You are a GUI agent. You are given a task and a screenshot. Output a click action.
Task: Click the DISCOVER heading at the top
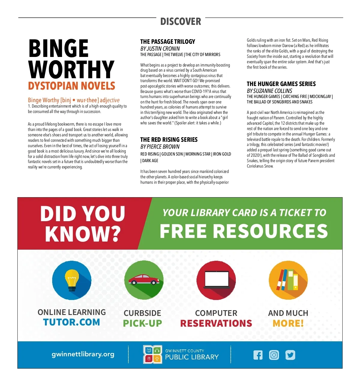click(x=181, y=22)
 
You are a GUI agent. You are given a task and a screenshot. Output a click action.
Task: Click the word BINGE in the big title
click(x=58, y=49)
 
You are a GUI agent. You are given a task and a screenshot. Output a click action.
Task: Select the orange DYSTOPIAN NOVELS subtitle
click(x=71, y=86)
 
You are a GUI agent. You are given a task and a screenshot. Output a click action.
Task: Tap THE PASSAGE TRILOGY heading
click(x=168, y=42)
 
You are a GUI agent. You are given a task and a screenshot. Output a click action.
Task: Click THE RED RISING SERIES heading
click(x=169, y=140)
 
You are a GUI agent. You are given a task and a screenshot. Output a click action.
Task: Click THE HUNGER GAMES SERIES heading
click(x=281, y=84)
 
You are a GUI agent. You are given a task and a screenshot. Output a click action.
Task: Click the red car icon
click(x=144, y=280)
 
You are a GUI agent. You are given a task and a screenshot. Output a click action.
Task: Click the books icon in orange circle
click(x=288, y=280)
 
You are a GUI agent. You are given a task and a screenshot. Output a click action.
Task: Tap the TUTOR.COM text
click(x=71, y=322)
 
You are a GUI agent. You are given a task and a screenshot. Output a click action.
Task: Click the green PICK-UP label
click(x=142, y=323)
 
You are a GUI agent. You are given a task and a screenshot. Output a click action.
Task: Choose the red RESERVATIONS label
click(x=216, y=323)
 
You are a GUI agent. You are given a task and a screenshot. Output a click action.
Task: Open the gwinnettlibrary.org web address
click(x=83, y=354)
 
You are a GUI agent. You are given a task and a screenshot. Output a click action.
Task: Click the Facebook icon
click(x=258, y=355)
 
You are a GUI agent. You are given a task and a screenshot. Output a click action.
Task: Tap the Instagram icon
click(x=274, y=355)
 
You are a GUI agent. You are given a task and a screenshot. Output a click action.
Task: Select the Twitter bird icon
click(x=290, y=355)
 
